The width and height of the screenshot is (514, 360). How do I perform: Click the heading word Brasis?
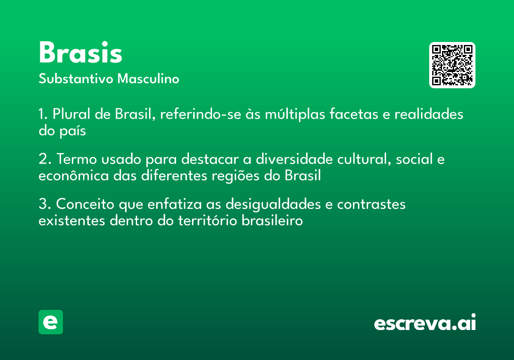pos(81,52)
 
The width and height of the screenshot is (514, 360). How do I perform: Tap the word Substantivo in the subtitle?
pos(76,78)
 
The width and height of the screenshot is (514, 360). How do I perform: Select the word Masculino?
pos(148,78)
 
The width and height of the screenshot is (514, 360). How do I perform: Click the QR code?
pos(452,65)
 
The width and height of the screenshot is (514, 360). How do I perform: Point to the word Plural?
pos(72,114)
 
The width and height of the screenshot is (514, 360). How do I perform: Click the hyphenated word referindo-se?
pos(200,114)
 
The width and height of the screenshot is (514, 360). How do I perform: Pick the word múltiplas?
pos(295,114)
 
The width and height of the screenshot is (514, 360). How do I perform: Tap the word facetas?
pos(354,114)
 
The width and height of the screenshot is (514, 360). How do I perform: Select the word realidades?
pos(429,114)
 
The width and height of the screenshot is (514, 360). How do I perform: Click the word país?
pos(72,131)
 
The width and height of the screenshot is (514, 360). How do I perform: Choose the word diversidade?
pos(294,159)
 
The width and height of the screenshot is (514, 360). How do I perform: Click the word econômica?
pos(74,176)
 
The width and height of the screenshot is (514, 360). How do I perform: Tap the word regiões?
pos(236,176)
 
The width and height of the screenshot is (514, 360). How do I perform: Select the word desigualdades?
pos(273,204)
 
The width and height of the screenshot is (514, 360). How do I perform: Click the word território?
pos(207,220)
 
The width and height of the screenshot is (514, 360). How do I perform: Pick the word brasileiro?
pos(272,220)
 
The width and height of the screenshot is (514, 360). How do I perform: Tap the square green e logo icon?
pos(51,322)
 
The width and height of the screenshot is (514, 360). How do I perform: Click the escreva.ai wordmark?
pos(425,322)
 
